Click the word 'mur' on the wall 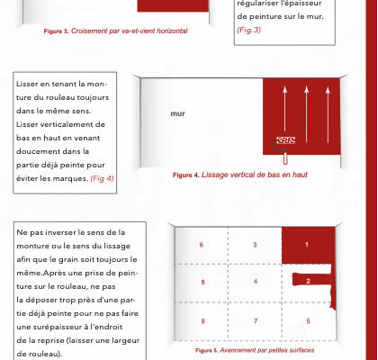click(x=177, y=113)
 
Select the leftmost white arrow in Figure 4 click(x=284, y=114)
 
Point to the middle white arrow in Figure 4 click(x=306, y=114)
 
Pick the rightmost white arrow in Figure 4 click(x=328, y=114)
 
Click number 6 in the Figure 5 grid click(x=202, y=245)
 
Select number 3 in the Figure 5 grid click(x=255, y=245)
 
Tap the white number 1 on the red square click(x=307, y=245)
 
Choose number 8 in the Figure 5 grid click(x=203, y=282)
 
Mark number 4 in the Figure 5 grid click(x=256, y=282)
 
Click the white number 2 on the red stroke click(x=308, y=282)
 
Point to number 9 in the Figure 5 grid click(x=203, y=321)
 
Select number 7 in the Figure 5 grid click(x=256, y=321)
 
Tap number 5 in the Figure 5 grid click(x=308, y=321)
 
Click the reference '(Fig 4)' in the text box click(x=102, y=178)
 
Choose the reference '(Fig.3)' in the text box click(x=249, y=30)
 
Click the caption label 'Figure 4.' click(x=186, y=175)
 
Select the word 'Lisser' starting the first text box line click(x=27, y=84)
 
